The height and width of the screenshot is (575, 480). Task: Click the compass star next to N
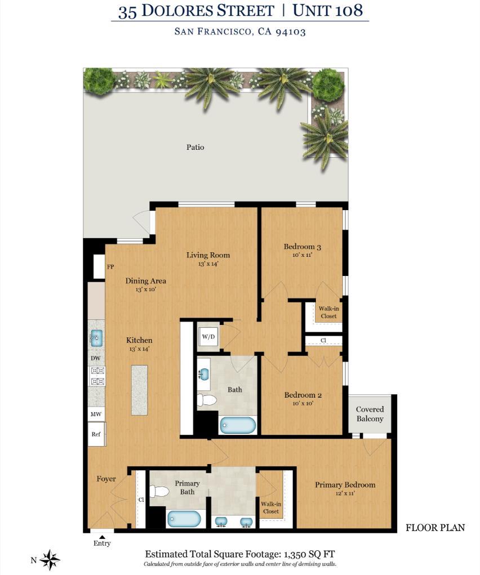(50, 559)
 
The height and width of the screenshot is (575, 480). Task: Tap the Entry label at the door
(102, 543)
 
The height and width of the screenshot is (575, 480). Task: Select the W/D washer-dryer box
(208, 337)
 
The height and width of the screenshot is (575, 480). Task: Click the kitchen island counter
(139, 390)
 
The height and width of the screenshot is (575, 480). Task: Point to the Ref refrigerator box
(96, 434)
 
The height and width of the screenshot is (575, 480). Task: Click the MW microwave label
(96, 414)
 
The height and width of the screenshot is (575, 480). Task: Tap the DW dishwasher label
(96, 358)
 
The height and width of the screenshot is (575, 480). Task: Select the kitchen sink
(96, 338)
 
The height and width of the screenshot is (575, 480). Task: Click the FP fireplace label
(110, 267)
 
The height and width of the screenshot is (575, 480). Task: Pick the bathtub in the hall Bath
(238, 425)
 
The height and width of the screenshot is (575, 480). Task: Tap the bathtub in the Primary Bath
(184, 518)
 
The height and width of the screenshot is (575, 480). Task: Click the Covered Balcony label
(370, 414)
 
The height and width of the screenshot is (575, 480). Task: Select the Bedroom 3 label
(302, 247)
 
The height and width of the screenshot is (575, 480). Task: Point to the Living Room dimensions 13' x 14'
(208, 264)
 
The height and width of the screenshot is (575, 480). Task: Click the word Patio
(195, 147)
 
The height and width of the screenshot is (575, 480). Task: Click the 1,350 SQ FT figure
(309, 554)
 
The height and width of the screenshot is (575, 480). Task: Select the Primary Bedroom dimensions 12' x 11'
(345, 493)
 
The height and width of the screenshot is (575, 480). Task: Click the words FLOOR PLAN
(435, 528)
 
